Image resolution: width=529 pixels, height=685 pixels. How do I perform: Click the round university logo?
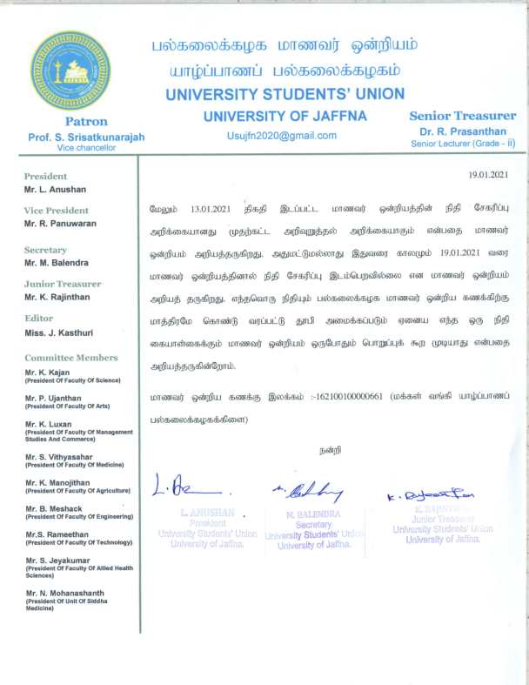click(x=71, y=71)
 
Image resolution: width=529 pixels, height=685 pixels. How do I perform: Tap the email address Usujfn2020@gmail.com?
click(x=281, y=135)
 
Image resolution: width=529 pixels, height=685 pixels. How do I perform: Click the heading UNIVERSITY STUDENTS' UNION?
click(x=285, y=93)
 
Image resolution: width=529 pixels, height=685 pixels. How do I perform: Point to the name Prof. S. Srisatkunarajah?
click(x=86, y=137)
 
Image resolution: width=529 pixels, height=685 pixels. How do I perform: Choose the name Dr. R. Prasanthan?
click(x=462, y=131)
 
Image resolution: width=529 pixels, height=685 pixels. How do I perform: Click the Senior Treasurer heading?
click(x=462, y=116)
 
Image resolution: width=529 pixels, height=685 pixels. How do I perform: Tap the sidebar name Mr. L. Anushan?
click(x=55, y=189)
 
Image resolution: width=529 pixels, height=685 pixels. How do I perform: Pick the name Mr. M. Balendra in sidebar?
click(x=59, y=262)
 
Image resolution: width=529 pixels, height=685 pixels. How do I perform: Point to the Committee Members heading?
click(x=70, y=358)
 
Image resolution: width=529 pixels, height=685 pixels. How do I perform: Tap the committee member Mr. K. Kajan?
click(x=49, y=372)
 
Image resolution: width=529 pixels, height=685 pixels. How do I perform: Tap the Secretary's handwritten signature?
click(x=305, y=492)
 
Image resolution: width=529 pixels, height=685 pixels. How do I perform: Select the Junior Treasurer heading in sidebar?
click(x=63, y=284)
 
